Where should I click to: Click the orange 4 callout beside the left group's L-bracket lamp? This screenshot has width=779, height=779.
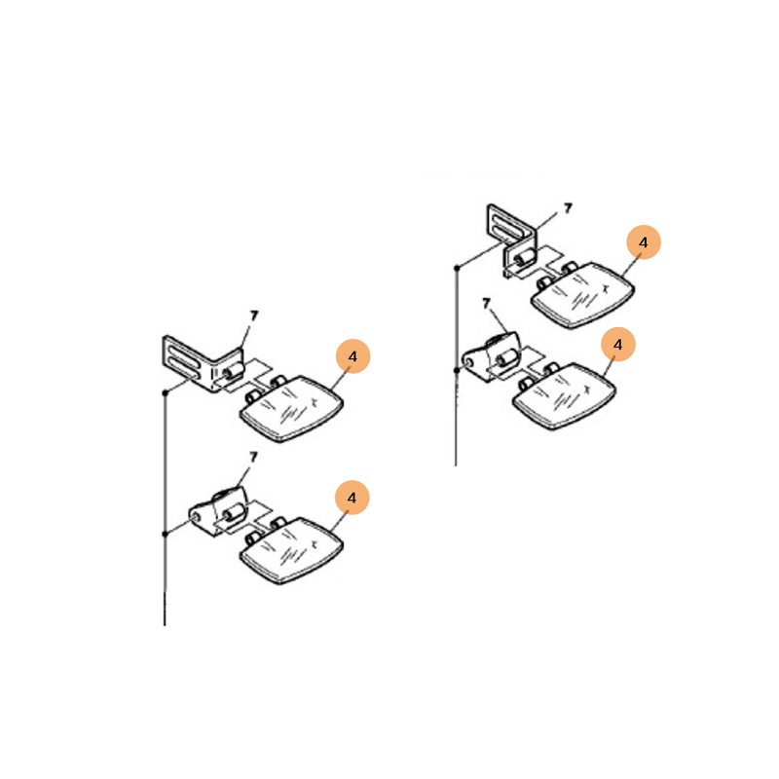(x=352, y=356)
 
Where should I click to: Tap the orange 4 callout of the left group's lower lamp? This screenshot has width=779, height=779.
(x=352, y=498)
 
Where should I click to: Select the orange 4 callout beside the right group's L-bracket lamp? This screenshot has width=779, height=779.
(x=644, y=242)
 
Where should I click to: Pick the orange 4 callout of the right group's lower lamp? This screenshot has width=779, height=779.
(x=618, y=345)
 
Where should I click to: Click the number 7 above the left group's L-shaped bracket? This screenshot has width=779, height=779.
(x=254, y=315)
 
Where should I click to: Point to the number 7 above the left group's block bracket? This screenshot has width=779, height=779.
(x=253, y=457)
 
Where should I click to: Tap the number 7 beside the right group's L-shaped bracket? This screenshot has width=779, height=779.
(x=568, y=208)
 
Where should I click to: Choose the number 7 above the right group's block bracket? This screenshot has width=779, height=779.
(x=486, y=303)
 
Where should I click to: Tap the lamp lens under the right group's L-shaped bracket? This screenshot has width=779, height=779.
(x=582, y=295)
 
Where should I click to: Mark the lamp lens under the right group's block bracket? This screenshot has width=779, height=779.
(x=564, y=396)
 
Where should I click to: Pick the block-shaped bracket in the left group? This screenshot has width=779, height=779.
(x=217, y=510)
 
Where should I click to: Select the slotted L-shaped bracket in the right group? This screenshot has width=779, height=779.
(x=511, y=241)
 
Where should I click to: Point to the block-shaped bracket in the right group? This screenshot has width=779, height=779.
(x=491, y=356)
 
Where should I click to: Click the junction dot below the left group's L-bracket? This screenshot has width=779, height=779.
(x=165, y=393)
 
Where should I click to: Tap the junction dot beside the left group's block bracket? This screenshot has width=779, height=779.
(x=165, y=534)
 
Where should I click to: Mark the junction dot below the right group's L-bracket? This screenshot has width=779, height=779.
(x=457, y=269)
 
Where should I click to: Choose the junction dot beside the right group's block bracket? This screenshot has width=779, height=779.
(x=457, y=370)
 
